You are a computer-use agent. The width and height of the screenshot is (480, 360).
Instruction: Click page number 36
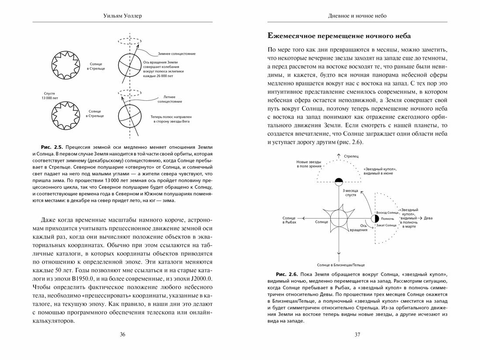click(x=122, y=335)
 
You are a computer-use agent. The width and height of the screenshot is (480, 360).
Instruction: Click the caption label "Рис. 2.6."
click(x=285, y=274)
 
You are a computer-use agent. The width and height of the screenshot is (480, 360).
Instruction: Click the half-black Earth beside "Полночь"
click(x=374, y=218)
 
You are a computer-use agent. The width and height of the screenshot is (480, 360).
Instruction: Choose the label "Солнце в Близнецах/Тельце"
click(x=339, y=264)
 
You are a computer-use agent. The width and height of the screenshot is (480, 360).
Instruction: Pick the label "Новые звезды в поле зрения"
click(x=309, y=164)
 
